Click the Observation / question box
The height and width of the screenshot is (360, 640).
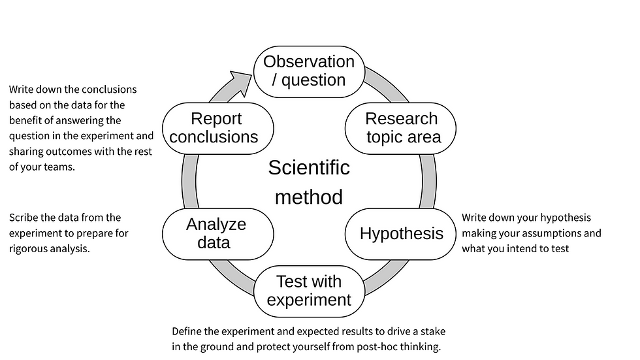(309, 71)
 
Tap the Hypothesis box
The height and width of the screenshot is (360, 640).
(401, 234)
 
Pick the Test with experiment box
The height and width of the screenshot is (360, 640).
(309, 291)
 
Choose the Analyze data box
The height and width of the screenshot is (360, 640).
(216, 233)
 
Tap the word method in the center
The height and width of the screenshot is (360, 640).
(309, 196)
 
